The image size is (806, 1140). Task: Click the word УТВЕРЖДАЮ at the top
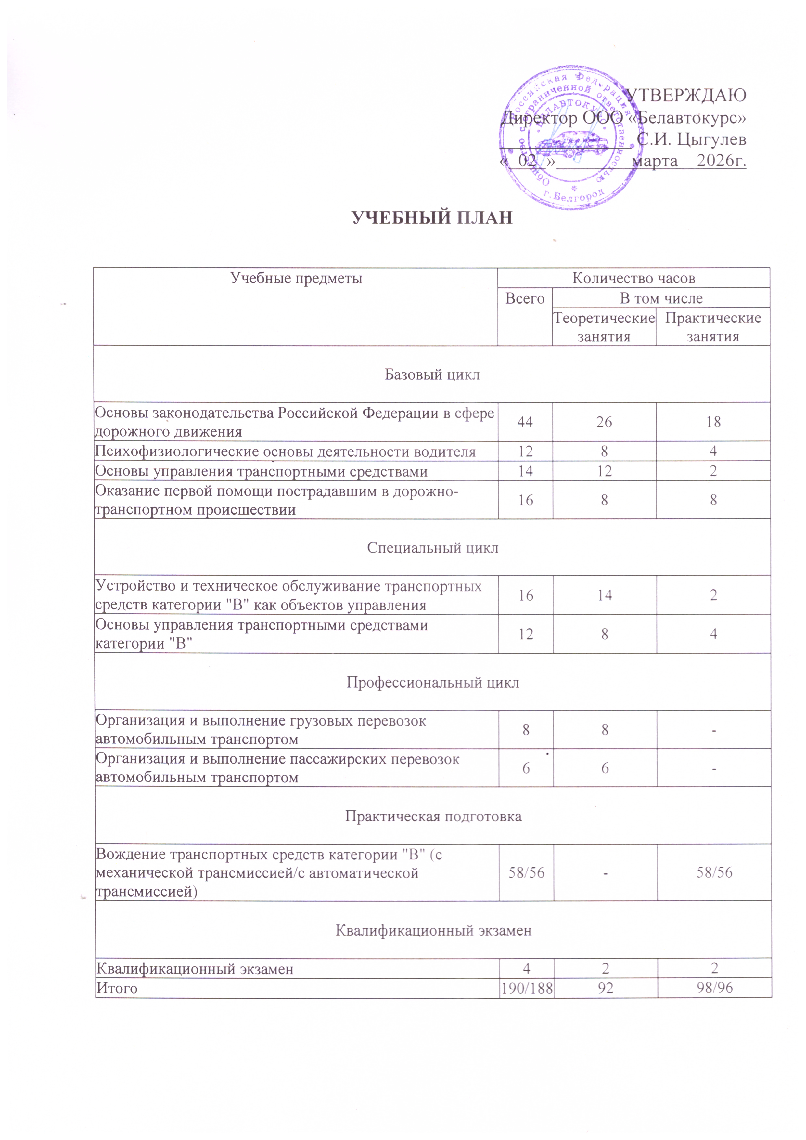coord(685,95)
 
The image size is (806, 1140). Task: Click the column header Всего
coord(525,298)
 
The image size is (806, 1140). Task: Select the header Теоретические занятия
coord(604,327)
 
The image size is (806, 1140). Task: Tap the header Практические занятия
coord(713,327)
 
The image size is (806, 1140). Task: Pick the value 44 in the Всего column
coord(525,422)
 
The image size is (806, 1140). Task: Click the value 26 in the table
coord(604,422)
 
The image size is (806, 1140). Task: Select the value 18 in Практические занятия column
coord(713,422)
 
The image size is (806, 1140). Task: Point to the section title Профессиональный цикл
coord(433,683)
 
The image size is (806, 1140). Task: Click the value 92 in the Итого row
coord(605,988)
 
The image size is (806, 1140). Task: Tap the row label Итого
coord(117,988)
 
